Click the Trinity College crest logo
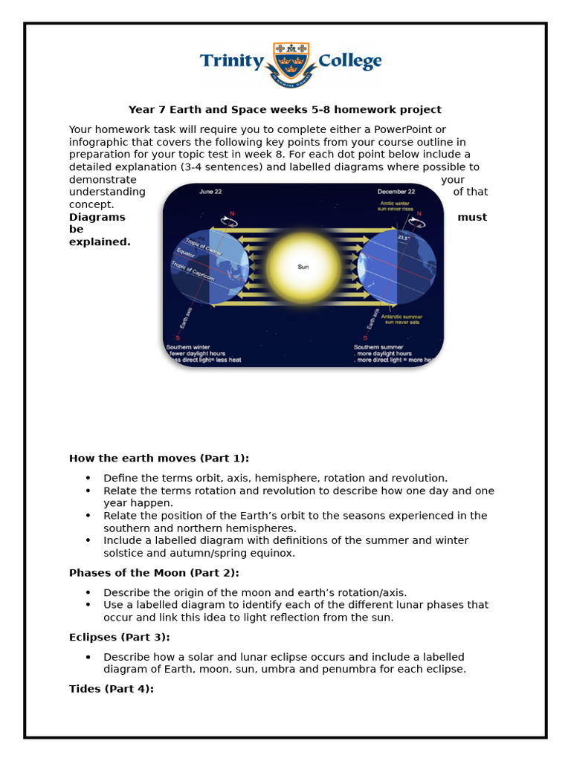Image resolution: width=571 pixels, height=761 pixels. pyautogui.click(x=291, y=64)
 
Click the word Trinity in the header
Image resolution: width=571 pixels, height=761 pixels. pyautogui.click(x=231, y=62)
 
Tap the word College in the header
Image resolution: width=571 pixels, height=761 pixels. pyautogui.click(x=349, y=62)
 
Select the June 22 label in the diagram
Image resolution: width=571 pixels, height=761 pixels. pyautogui.click(x=211, y=192)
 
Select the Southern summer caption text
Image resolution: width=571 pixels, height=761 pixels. pyautogui.click(x=380, y=346)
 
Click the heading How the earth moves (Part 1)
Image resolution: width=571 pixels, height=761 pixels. pyautogui.click(x=159, y=458)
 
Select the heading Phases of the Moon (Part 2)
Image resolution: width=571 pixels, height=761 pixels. pyautogui.click(x=154, y=572)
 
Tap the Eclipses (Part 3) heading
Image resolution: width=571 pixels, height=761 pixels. pyautogui.click(x=119, y=637)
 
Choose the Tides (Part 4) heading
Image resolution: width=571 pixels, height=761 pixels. pyautogui.click(x=111, y=689)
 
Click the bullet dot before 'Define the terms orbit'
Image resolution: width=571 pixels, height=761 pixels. pyautogui.click(x=88, y=478)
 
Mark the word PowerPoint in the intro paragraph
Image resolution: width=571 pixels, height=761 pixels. pyautogui.click(x=407, y=129)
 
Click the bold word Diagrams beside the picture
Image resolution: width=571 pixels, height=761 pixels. pyautogui.click(x=97, y=217)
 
